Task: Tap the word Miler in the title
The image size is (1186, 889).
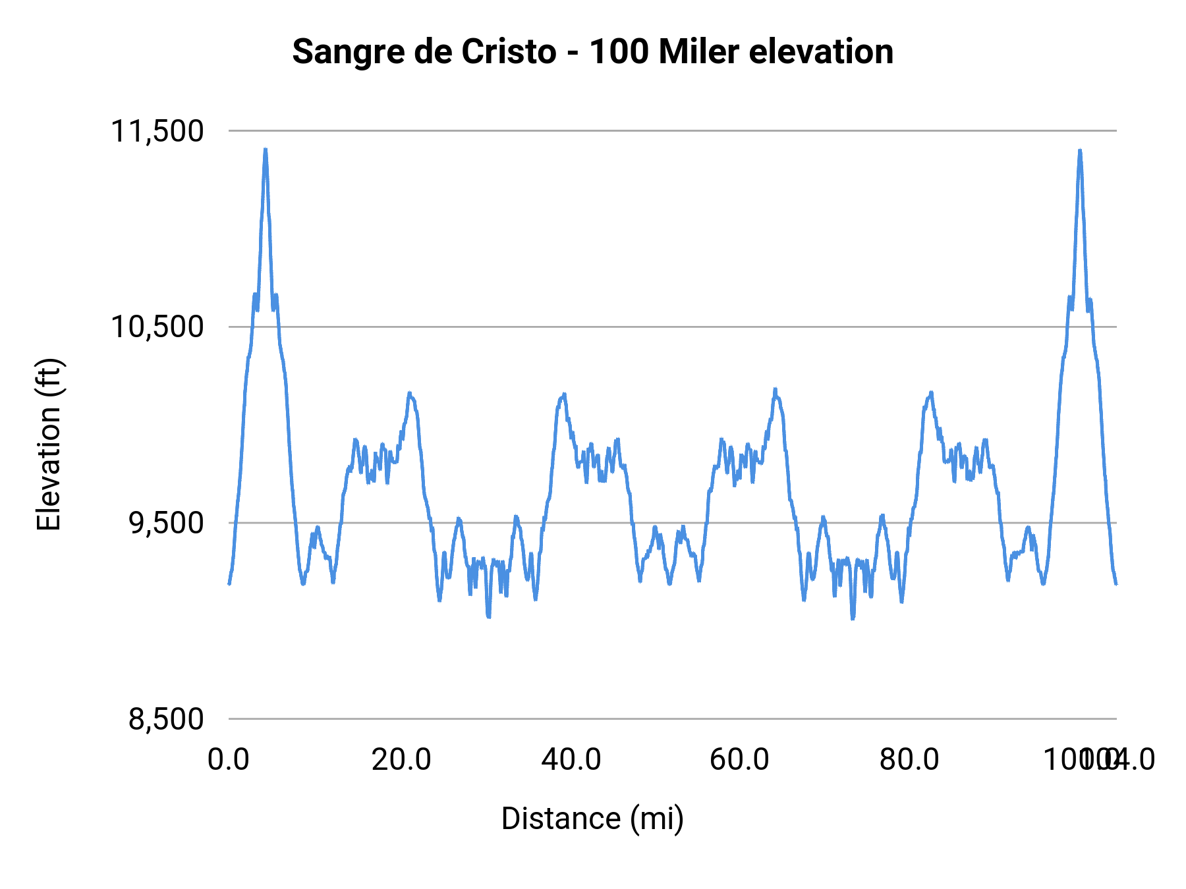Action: (x=698, y=52)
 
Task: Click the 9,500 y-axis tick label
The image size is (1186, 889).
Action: (x=165, y=523)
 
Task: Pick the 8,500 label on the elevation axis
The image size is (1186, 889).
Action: (x=165, y=719)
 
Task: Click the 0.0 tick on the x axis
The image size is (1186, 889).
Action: (x=229, y=759)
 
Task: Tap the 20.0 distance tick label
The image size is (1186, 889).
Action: (x=401, y=759)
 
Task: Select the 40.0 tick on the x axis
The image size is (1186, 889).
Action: (x=571, y=759)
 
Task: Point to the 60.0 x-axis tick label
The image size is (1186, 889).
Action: (x=739, y=759)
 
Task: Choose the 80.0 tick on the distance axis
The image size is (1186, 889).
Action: (x=909, y=759)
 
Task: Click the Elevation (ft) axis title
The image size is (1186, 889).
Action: (x=49, y=444)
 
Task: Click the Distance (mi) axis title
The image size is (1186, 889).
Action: (x=592, y=819)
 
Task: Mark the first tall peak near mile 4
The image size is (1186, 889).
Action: (x=266, y=151)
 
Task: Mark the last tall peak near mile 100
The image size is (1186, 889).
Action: (x=1080, y=152)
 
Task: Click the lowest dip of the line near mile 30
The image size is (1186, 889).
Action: (x=488, y=616)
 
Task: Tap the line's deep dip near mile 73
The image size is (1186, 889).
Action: (x=853, y=618)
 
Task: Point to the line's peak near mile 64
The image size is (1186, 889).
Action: (x=776, y=391)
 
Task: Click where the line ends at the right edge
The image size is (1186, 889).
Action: (x=1115, y=583)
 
